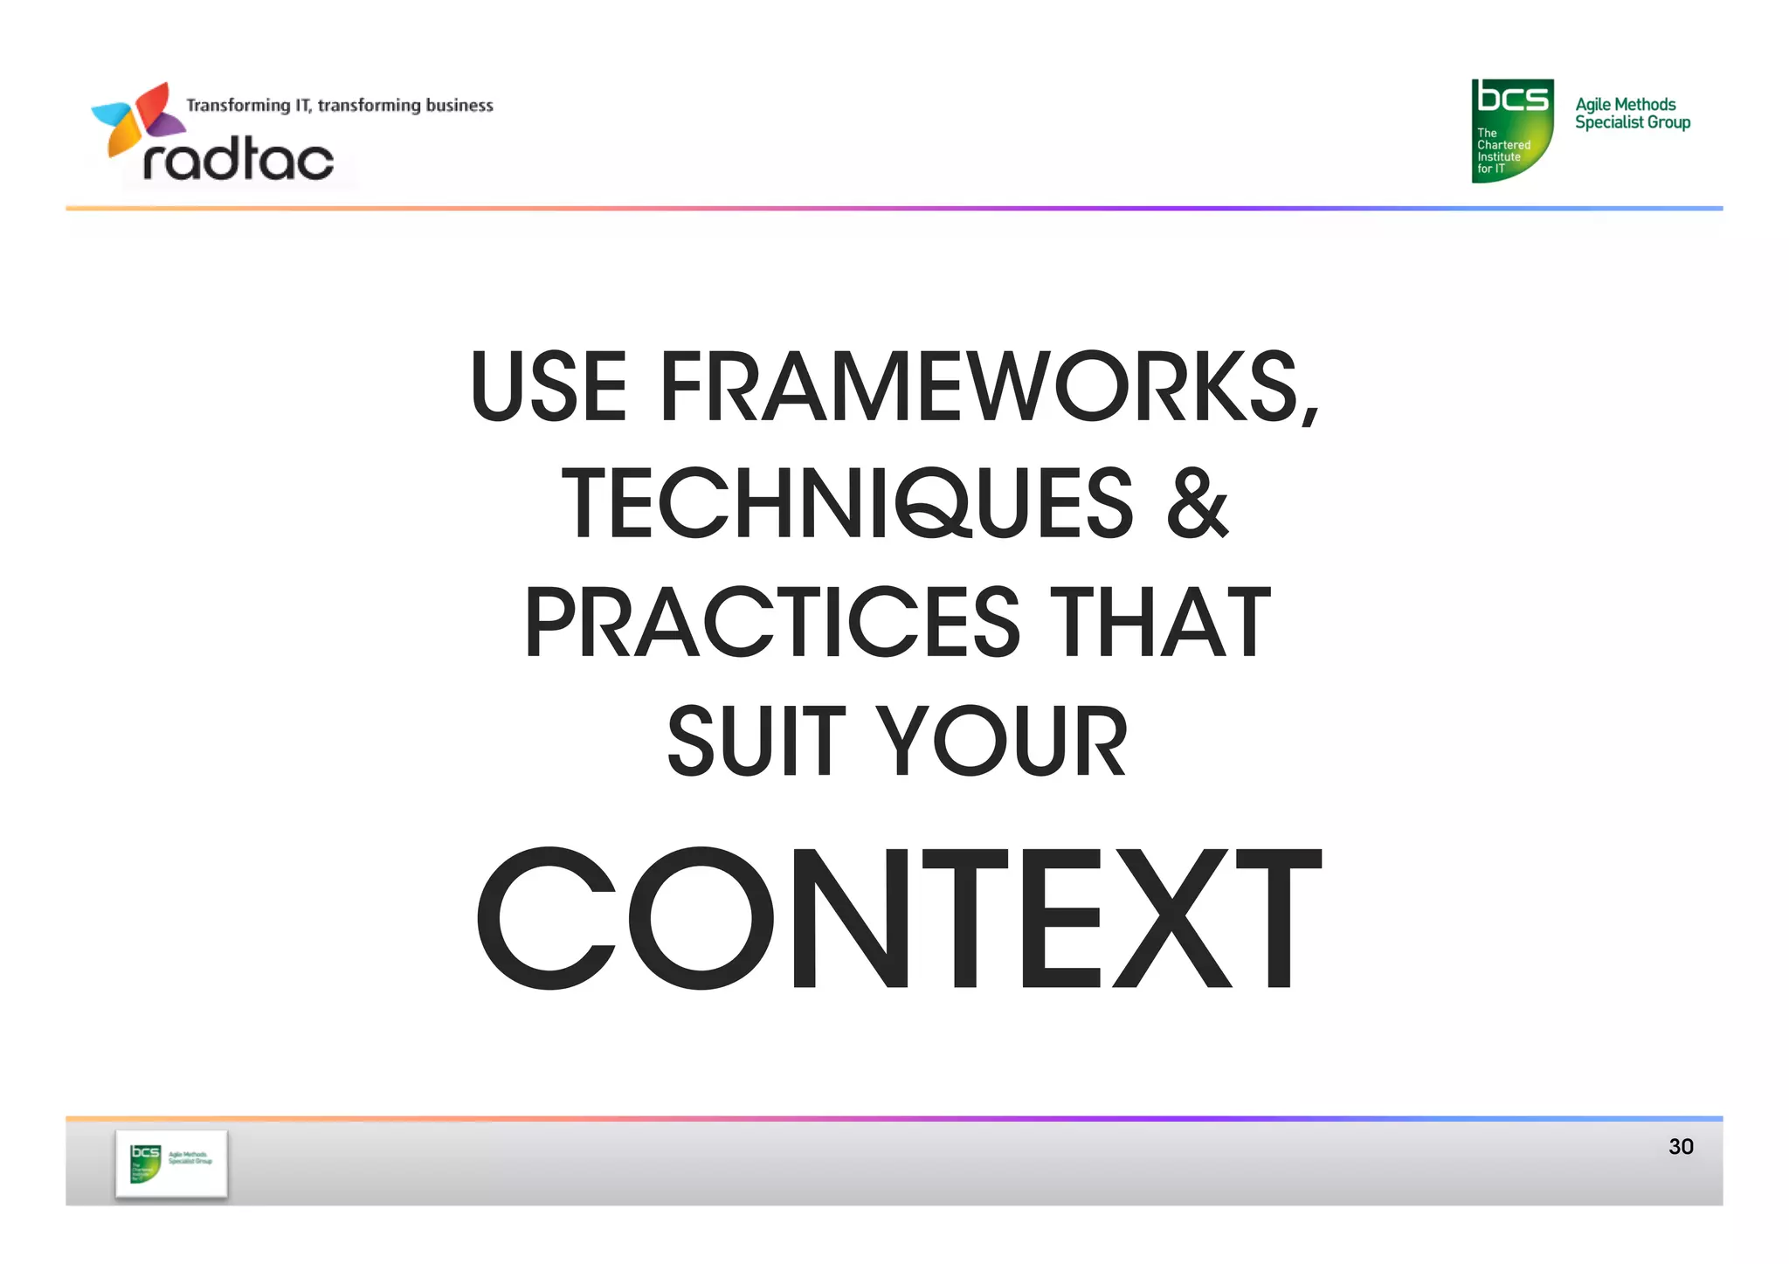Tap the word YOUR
click(1001, 741)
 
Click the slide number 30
click(1680, 1146)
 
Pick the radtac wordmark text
click(238, 160)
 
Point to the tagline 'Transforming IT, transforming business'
click(340, 106)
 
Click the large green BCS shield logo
click(1512, 130)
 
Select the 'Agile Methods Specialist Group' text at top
click(1632, 114)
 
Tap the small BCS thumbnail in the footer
click(171, 1163)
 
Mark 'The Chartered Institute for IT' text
click(1502, 151)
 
